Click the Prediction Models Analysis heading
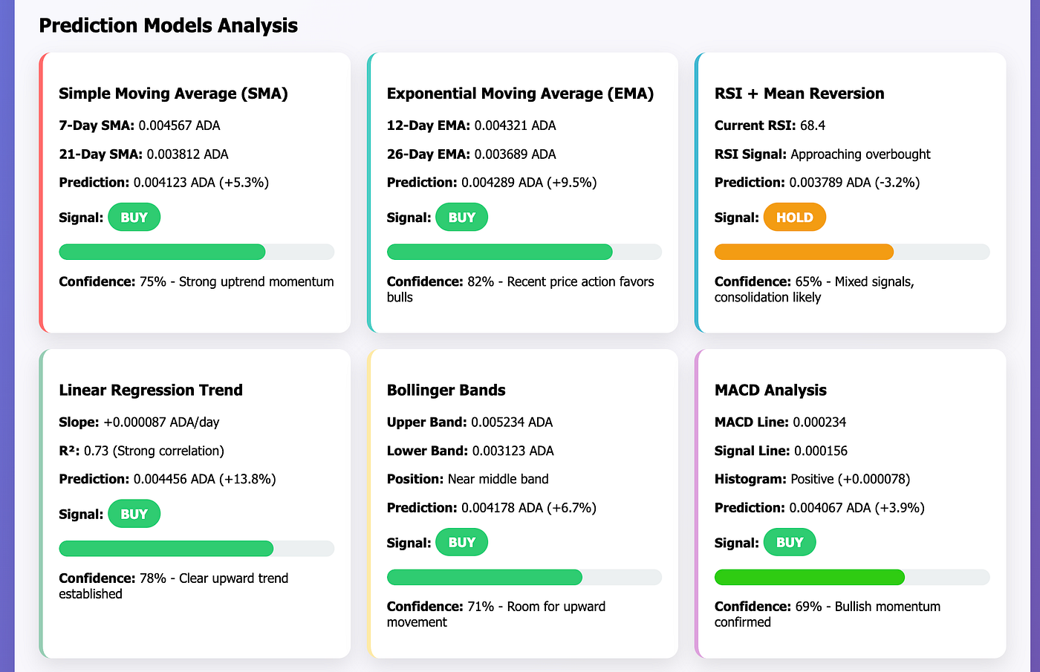click(x=168, y=25)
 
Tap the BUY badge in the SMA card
click(x=134, y=218)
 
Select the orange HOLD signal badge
click(x=794, y=218)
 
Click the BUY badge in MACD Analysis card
click(x=789, y=543)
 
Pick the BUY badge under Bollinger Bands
click(x=461, y=543)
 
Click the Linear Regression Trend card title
click(x=151, y=390)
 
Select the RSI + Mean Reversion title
click(x=799, y=94)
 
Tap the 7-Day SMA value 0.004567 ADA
click(x=179, y=125)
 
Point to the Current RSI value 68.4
click(x=813, y=125)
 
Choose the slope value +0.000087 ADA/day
click(x=161, y=423)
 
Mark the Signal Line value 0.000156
click(x=821, y=451)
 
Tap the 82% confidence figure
click(x=481, y=282)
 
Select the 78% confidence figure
click(x=153, y=578)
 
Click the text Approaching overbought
click(x=860, y=154)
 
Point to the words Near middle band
click(x=498, y=479)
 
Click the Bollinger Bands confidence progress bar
click(x=524, y=577)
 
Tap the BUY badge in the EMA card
click(x=461, y=218)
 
